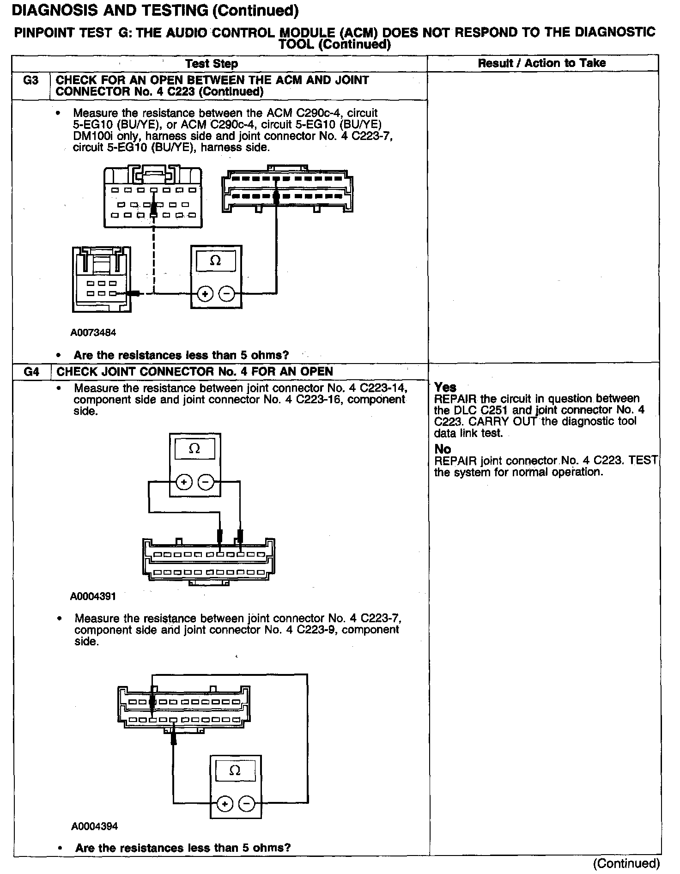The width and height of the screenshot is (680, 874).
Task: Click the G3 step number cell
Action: pyautogui.click(x=30, y=80)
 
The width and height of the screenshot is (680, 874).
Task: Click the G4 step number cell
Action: pyautogui.click(x=31, y=372)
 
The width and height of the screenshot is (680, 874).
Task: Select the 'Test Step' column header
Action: pyautogui.click(x=212, y=64)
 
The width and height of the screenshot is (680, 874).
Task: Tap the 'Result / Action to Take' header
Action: pyautogui.click(x=541, y=63)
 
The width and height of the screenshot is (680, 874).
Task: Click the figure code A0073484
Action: pyautogui.click(x=93, y=333)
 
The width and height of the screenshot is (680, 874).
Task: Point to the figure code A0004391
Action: pyautogui.click(x=93, y=596)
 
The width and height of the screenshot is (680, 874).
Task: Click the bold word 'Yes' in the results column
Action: pyautogui.click(x=445, y=387)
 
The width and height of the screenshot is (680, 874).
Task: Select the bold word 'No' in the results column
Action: pyautogui.click(x=443, y=449)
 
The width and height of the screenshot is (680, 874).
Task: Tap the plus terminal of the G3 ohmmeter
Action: pyautogui.click(x=206, y=294)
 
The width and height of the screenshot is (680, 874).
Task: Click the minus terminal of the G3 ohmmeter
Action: pyautogui.click(x=226, y=294)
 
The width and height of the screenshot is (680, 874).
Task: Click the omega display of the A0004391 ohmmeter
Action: pyautogui.click(x=194, y=449)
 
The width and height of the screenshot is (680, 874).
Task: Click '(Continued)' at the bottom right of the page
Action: pyautogui.click(x=626, y=863)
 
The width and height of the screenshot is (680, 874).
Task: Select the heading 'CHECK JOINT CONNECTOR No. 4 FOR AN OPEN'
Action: pyautogui.click(x=194, y=372)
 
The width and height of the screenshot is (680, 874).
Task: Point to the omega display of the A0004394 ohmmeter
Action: pyautogui.click(x=235, y=771)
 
